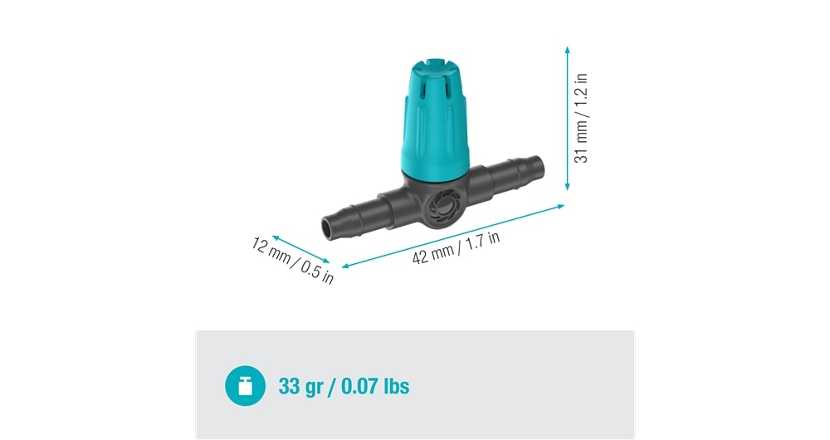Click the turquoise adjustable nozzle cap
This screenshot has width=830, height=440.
click(435, 119)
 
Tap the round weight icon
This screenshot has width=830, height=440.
click(245, 386)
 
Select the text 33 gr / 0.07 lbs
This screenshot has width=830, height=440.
click(344, 386)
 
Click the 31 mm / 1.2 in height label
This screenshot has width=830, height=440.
click(581, 118)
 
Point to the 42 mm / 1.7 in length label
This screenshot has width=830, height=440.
click(456, 247)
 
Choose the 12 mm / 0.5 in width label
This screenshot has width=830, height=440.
click(292, 261)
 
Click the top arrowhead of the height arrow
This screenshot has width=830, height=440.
click(567, 50)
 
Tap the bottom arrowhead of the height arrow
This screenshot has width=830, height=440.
click(567, 187)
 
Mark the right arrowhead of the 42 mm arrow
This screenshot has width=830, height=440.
click(560, 207)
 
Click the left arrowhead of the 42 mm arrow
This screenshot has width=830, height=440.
click(345, 266)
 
